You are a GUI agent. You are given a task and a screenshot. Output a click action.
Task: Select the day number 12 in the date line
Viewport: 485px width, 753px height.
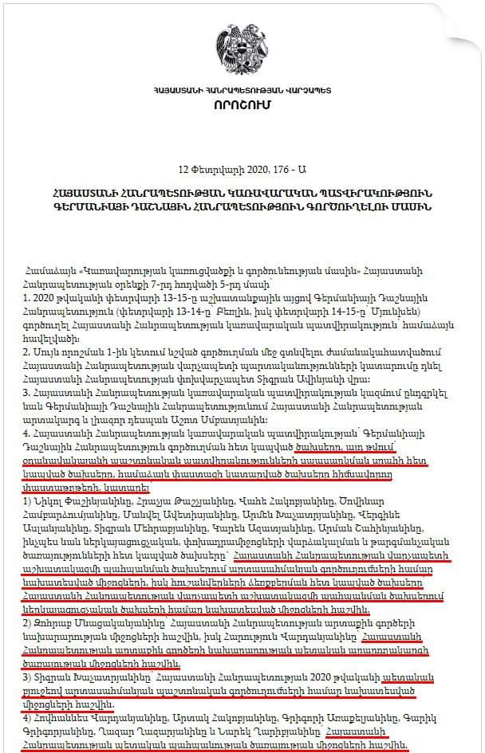tap(184, 169)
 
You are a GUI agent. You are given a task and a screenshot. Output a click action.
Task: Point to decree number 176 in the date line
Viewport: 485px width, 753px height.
tap(278, 169)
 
